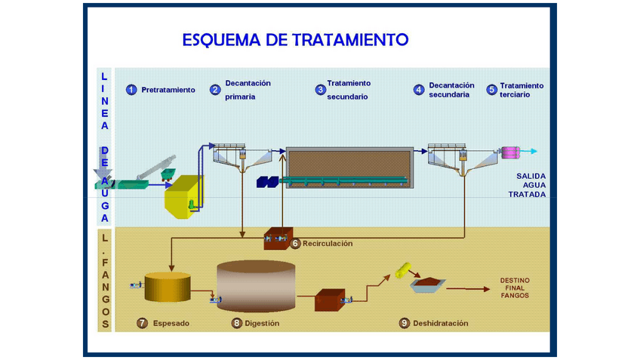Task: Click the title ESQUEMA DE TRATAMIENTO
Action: pyautogui.click(x=295, y=39)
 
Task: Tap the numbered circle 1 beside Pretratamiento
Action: pyautogui.click(x=131, y=90)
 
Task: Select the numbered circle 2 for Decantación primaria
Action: pyautogui.click(x=215, y=90)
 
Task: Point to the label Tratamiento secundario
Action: pyautogui.click(x=348, y=90)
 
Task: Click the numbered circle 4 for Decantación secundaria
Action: pyautogui.click(x=419, y=90)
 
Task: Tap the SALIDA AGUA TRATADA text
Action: pyautogui.click(x=525, y=185)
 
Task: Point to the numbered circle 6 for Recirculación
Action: pyautogui.click(x=296, y=243)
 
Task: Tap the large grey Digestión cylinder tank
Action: pyautogui.click(x=255, y=287)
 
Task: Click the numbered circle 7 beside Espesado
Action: pyautogui.click(x=142, y=323)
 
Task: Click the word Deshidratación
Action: pyautogui.click(x=440, y=323)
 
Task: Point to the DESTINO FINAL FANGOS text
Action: pyautogui.click(x=515, y=288)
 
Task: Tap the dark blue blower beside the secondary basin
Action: pyautogui.click(x=267, y=182)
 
